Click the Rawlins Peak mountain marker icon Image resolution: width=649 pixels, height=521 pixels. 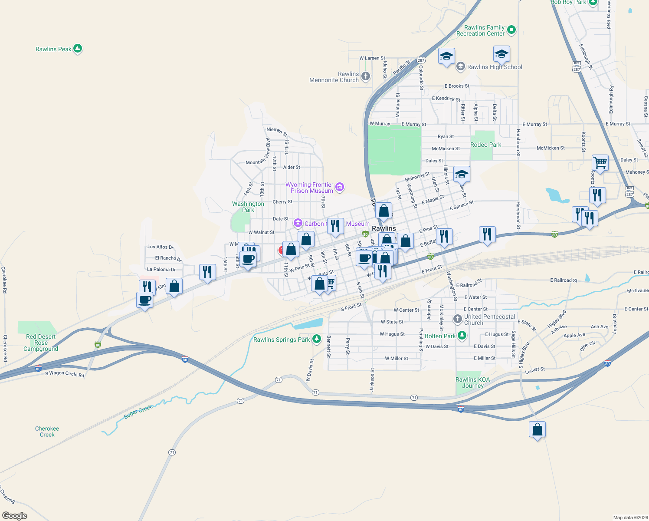pos(78,49)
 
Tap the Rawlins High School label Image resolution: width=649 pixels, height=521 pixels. pos(495,67)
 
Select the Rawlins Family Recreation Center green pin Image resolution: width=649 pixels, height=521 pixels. pos(511,30)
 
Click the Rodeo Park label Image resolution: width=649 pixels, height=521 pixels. pos(485,145)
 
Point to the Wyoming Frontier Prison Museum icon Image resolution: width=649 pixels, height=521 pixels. pos(340,187)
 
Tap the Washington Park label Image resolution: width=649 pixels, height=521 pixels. pos(248,207)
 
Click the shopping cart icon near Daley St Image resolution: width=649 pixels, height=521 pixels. pos(600,163)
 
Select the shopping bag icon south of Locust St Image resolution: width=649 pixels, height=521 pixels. pos(537,430)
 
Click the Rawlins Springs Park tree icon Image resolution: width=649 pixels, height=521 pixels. pos(317,339)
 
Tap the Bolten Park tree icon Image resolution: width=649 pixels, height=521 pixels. pos(462,336)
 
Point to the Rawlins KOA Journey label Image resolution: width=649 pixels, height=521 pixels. pos(472,383)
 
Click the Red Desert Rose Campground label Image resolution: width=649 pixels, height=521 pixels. pos(41,343)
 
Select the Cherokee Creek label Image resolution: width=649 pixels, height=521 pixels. pos(47,432)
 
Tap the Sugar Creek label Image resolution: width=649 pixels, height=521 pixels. pos(138,412)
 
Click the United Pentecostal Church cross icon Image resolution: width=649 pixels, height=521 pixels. pos(457,319)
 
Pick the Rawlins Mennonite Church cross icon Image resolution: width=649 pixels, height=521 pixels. pos(365,77)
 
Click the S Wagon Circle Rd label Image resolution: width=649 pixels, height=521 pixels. pos(65,373)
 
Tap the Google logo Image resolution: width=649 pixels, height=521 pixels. pos(15,516)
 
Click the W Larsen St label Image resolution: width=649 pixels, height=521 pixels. pos(372,58)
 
